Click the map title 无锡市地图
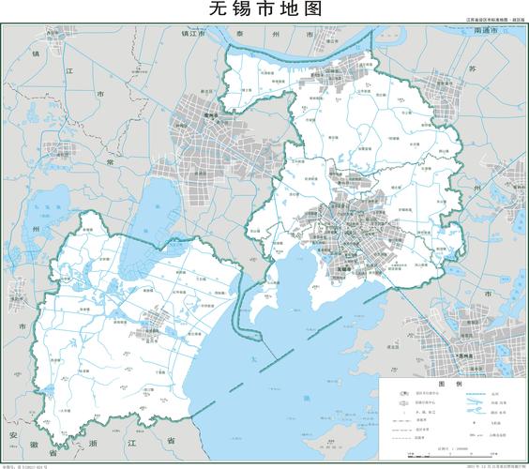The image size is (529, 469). pos(264,10)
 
